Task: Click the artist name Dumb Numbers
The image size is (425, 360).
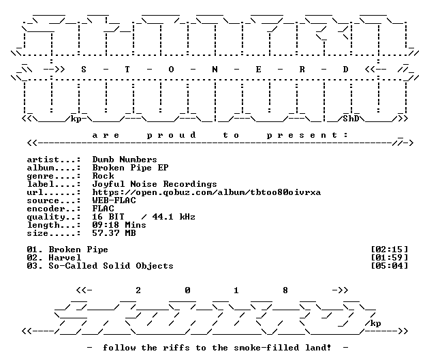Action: point(125,160)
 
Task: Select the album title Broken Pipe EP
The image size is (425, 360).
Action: point(130,168)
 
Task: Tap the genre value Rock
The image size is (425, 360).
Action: point(104,176)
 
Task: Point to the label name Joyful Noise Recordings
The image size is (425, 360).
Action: point(155,184)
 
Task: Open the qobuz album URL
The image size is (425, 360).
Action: point(206,192)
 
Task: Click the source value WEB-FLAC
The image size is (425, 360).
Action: point(114,200)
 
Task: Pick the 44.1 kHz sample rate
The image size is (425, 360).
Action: point(174,217)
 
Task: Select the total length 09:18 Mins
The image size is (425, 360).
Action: point(119,225)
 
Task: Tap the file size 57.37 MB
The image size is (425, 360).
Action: point(114,233)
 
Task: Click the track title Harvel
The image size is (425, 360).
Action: point(65,258)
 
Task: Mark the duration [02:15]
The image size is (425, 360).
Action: point(390,250)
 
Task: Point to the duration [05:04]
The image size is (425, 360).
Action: point(390,266)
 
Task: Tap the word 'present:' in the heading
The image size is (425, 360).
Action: point(307,135)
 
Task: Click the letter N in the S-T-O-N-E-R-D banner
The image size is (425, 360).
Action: point(215,70)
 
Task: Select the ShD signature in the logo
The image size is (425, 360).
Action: point(351,119)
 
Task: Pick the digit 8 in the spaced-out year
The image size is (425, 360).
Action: point(285,290)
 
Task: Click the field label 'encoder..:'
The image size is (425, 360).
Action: point(54,209)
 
